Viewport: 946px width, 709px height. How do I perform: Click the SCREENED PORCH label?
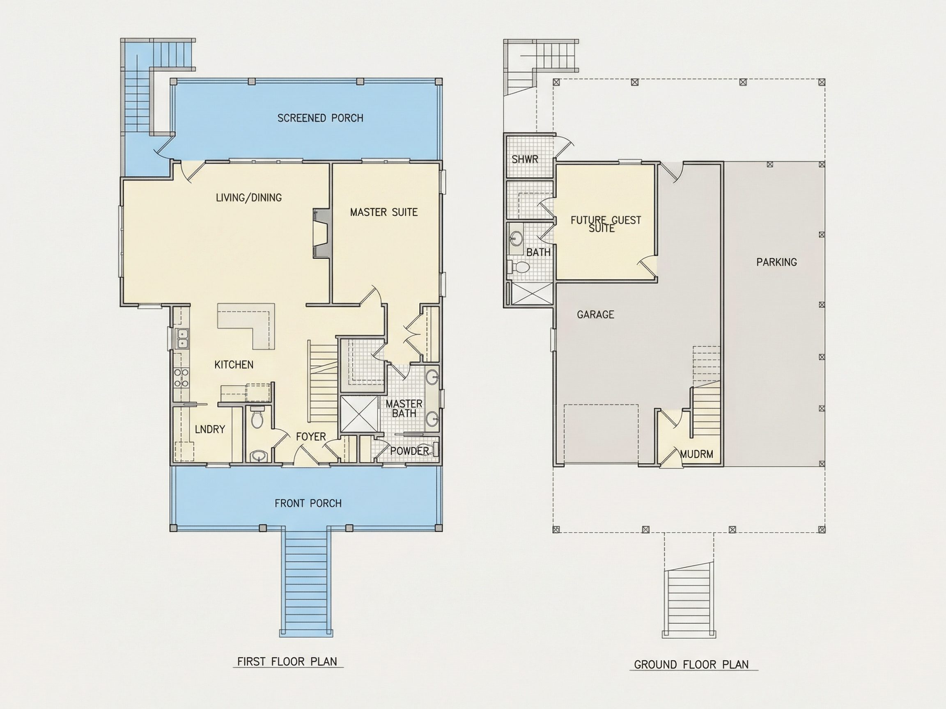tap(320, 118)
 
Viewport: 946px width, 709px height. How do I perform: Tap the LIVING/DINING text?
tap(248, 197)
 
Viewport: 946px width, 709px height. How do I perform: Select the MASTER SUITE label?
tap(383, 212)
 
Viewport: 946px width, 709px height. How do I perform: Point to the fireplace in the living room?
tap(321, 233)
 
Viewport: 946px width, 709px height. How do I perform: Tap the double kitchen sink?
tap(182, 338)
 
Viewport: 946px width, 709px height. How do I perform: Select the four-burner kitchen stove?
tap(181, 378)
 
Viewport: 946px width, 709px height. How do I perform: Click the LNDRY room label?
tap(209, 429)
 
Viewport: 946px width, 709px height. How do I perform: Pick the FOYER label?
tap(311, 436)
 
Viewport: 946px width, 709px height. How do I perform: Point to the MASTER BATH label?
tap(404, 409)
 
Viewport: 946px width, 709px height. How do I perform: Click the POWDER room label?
tap(409, 451)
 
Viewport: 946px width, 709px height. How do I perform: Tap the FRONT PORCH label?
tap(308, 503)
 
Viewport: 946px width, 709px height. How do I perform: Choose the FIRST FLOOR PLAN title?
tap(287, 661)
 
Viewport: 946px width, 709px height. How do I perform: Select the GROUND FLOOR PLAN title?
tap(691, 665)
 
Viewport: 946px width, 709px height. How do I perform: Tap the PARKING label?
tap(777, 262)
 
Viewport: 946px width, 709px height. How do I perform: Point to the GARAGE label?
tap(595, 315)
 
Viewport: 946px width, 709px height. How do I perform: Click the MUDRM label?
tap(697, 454)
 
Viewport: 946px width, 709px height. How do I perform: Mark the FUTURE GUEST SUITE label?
tap(606, 224)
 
